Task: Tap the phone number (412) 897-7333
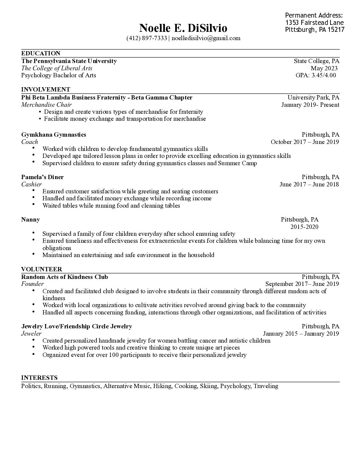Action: coord(147,38)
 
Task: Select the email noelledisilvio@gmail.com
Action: coord(206,38)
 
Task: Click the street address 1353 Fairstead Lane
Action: coord(314,23)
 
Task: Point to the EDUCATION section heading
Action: coord(41,53)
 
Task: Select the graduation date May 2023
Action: coord(324,68)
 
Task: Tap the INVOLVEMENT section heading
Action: coord(46,90)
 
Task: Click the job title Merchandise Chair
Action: coord(46,105)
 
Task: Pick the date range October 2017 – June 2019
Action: coord(305,142)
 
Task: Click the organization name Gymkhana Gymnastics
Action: coord(54,135)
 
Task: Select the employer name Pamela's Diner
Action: coord(42,177)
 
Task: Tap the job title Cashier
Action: coord(32,184)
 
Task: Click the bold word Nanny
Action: coord(31,220)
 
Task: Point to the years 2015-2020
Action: coord(304,227)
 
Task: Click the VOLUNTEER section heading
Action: coord(41,269)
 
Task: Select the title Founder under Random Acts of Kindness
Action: coord(33,284)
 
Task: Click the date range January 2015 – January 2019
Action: coord(301,334)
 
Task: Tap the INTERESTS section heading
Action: coord(39,378)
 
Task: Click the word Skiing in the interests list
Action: coord(208,386)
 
